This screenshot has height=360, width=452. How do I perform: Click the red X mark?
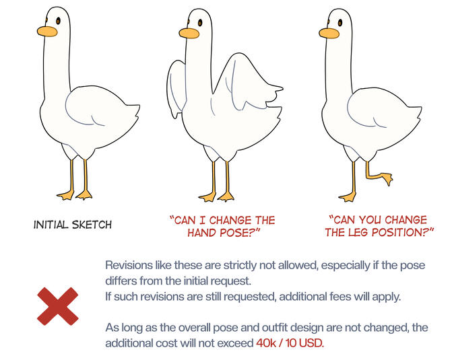click(x=58, y=306)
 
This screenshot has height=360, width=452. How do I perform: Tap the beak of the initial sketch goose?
click(x=47, y=32)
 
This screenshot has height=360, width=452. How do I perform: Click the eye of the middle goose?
click(x=200, y=22)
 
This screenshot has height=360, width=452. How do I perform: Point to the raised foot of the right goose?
click(x=386, y=178)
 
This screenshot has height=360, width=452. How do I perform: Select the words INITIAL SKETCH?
click(x=73, y=225)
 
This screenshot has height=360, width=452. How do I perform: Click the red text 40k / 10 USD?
click(x=290, y=343)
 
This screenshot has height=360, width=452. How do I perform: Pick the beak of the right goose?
click(x=329, y=33)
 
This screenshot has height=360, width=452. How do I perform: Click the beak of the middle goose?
click(x=189, y=33)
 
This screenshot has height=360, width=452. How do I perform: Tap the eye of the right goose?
click(x=340, y=22)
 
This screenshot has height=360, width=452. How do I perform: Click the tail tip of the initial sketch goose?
click(x=139, y=106)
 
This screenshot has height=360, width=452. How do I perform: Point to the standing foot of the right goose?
click(x=348, y=197)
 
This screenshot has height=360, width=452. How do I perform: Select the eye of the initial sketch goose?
click(x=58, y=21)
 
